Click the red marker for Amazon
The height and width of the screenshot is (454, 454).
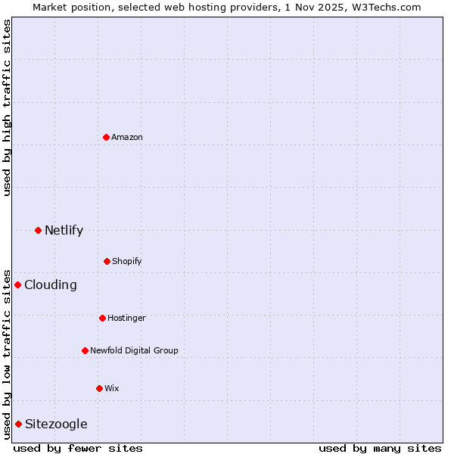(107, 137)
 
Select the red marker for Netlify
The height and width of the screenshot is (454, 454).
(38, 230)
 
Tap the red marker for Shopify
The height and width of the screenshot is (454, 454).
(107, 261)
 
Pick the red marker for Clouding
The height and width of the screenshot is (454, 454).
(18, 285)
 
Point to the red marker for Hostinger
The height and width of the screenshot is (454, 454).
(102, 318)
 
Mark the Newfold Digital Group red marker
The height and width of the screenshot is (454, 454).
(85, 350)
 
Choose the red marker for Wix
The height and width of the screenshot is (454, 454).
(99, 388)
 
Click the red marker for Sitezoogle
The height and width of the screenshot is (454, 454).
(18, 424)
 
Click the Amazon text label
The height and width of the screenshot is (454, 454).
(127, 137)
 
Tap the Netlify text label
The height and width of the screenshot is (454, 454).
(64, 230)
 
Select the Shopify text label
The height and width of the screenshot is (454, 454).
(127, 261)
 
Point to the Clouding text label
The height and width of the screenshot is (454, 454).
(51, 285)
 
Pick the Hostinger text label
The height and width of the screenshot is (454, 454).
(126, 318)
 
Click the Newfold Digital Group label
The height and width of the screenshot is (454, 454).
(134, 350)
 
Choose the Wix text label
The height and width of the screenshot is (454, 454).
(112, 388)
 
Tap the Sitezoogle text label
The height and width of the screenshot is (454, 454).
(56, 424)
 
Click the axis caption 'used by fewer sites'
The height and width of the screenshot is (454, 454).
(78, 448)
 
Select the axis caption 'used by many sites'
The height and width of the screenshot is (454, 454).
(380, 448)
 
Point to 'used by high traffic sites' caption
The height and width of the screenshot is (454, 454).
(7, 107)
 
